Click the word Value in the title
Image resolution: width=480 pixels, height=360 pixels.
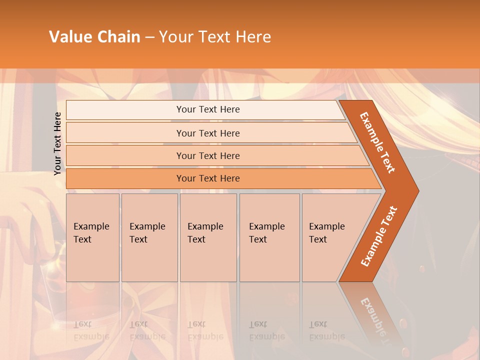click(x=70, y=37)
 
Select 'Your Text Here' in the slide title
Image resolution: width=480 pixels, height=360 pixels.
click(x=215, y=37)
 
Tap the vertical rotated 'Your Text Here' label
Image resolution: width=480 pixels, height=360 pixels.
click(x=57, y=143)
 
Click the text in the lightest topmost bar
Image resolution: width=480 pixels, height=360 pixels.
click(x=208, y=109)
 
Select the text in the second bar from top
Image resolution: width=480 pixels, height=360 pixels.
click(x=208, y=133)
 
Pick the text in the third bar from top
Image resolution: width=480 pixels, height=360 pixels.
click(x=208, y=156)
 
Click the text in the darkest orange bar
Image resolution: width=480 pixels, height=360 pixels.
click(x=208, y=178)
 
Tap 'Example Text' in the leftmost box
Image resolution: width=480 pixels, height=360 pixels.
click(x=91, y=233)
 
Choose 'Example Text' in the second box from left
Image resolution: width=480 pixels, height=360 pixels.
click(x=147, y=233)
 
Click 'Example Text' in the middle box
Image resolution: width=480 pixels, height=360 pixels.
click(x=205, y=233)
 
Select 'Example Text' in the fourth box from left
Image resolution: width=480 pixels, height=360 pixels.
click(x=266, y=233)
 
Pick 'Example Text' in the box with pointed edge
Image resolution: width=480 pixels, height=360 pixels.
click(x=326, y=233)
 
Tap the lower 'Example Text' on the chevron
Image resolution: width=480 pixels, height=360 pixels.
click(x=379, y=236)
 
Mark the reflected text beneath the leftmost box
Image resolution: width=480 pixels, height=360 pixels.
click(x=91, y=330)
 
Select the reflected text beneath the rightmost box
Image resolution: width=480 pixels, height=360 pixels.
click(x=326, y=330)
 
